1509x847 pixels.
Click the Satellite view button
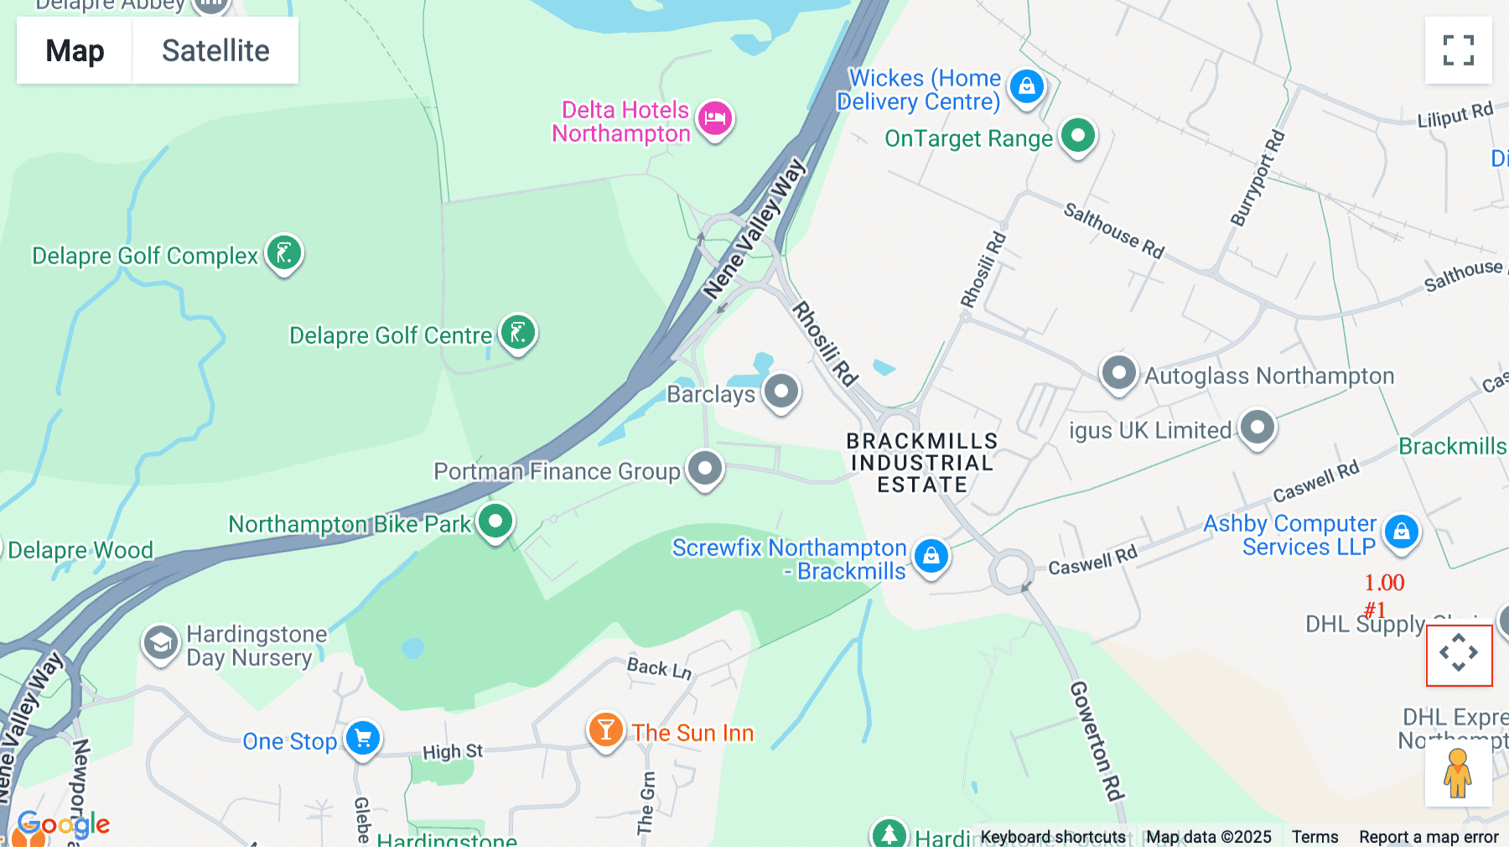pyautogui.click(x=215, y=50)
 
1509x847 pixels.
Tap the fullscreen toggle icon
pyautogui.click(x=1458, y=50)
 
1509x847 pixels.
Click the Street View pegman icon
pyautogui.click(x=1458, y=773)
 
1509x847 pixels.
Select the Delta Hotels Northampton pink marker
pyautogui.click(x=714, y=118)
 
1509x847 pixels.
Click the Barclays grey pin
pyautogui.click(x=781, y=391)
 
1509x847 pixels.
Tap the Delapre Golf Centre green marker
pyautogui.click(x=518, y=332)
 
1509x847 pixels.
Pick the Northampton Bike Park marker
pyautogui.click(x=495, y=521)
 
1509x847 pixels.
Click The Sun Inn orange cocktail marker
pyautogui.click(x=605, y=730)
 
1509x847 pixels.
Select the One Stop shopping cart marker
pyautogui.click(x=363, y=738)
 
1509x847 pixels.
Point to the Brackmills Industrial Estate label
pyautogui.click(x=922, y=463)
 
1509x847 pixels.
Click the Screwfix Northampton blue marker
pyautogui.click(x=931, y=555)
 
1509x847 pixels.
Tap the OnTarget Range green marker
pyautogui.click(x=1078, y=135)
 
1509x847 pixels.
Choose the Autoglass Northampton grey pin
pyautogui.click(x=1118, y=372)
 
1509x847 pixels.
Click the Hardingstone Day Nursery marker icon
pyautogui.click(x=160, y=643)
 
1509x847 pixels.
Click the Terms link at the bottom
pyautogui.click(x=1315, y=837)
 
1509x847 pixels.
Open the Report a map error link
pyautogui.click(x=1429, y=837)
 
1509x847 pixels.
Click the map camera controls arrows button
pyautogui.click(x=1459, y=654)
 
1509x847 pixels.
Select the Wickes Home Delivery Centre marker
pyautogui.click(x=1026, y=86)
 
